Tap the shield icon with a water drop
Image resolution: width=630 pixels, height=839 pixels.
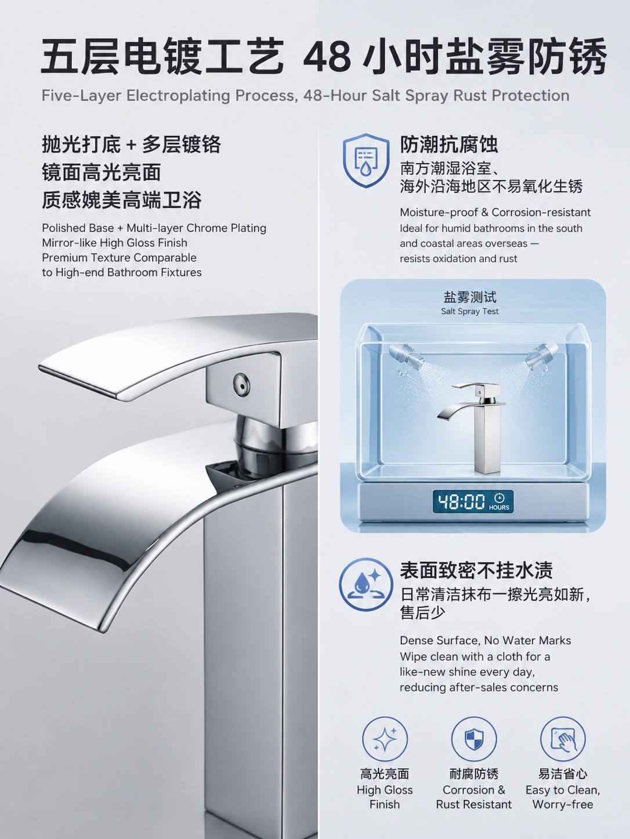point(366,160)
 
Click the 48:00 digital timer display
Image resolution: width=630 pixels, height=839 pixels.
point(473,501)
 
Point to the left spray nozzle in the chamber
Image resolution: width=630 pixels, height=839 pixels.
point(405,355)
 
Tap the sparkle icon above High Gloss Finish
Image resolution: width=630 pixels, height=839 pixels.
point(385,739)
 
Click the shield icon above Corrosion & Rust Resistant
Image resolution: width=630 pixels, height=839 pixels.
point(474,739)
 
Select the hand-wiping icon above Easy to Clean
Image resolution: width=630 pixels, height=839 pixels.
point(563,739)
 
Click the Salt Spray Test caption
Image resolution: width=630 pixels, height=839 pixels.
point(470,311)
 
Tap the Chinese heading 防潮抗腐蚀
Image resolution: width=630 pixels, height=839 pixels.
point(449,144)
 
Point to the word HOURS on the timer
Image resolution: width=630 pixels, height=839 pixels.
point(499,507)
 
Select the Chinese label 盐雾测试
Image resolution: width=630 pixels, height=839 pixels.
point(470,297)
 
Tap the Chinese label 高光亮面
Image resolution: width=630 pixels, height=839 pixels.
point(385,774)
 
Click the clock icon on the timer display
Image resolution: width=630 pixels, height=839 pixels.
point(499,498)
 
